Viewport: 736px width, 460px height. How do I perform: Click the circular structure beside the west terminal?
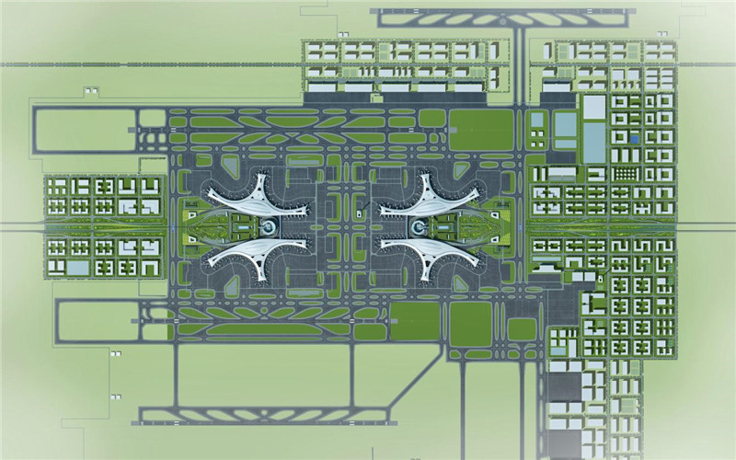[269, 226]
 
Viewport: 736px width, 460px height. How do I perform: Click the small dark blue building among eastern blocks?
[633, 138]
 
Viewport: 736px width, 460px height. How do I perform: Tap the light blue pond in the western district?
[79, 268]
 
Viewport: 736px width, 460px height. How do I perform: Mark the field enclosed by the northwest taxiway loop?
[83, 130]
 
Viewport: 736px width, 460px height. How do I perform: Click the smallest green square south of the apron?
[522, 328]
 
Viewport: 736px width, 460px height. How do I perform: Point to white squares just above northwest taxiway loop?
[90, 90]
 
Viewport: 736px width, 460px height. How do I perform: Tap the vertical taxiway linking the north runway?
[521, 64]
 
